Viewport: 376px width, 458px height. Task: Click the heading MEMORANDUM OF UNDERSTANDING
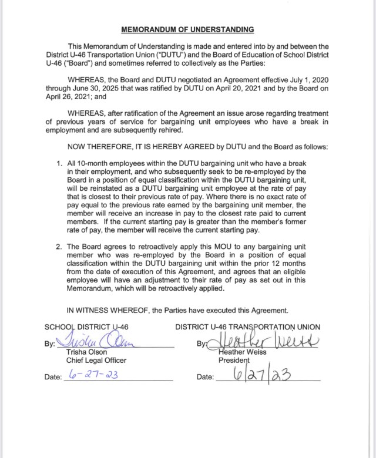pos(188,28)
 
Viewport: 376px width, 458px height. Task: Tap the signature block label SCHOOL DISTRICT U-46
pos(86,326)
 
